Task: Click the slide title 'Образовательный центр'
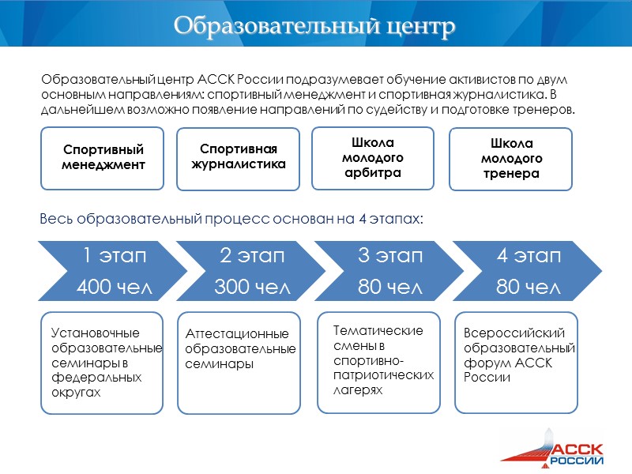point(315,25)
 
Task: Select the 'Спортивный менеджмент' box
point(103,158)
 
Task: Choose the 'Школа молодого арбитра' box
point(373,157)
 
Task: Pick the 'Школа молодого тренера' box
point(510,158)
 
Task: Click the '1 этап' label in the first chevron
point(115,256)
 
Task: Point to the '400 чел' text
point(115,288)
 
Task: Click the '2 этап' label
point(252,256)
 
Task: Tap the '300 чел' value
point(252,288)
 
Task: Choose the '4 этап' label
point(529,256)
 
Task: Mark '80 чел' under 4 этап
point(529,288)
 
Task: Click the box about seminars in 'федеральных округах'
point(102,363)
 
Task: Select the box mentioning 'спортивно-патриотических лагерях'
point(378,363)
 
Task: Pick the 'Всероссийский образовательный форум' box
point(517,363)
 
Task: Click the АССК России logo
point(562,447)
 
